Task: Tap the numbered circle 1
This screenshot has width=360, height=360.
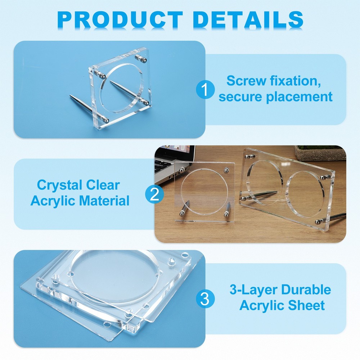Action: [x=205, y=90]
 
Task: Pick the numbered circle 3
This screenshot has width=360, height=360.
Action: [x=205, y=299]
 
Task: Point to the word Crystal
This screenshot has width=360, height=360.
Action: [x=59, y=185]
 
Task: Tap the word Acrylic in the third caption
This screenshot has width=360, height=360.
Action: [x=261, y=305]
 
